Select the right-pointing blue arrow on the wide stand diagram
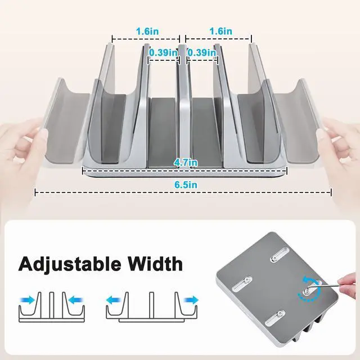[x=191, y=299]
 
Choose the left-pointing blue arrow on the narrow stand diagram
[x=75, y=299]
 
